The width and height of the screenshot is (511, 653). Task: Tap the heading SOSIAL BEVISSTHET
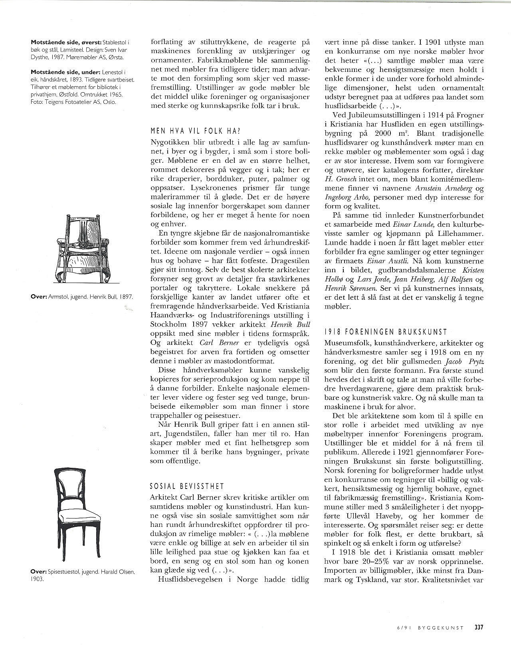pos(186,487)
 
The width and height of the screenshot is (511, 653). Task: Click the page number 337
pos(479,627)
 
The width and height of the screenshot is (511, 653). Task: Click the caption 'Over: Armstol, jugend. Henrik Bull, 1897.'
pos(82,297)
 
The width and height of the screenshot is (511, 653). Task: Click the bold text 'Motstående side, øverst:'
pos(67,42)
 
